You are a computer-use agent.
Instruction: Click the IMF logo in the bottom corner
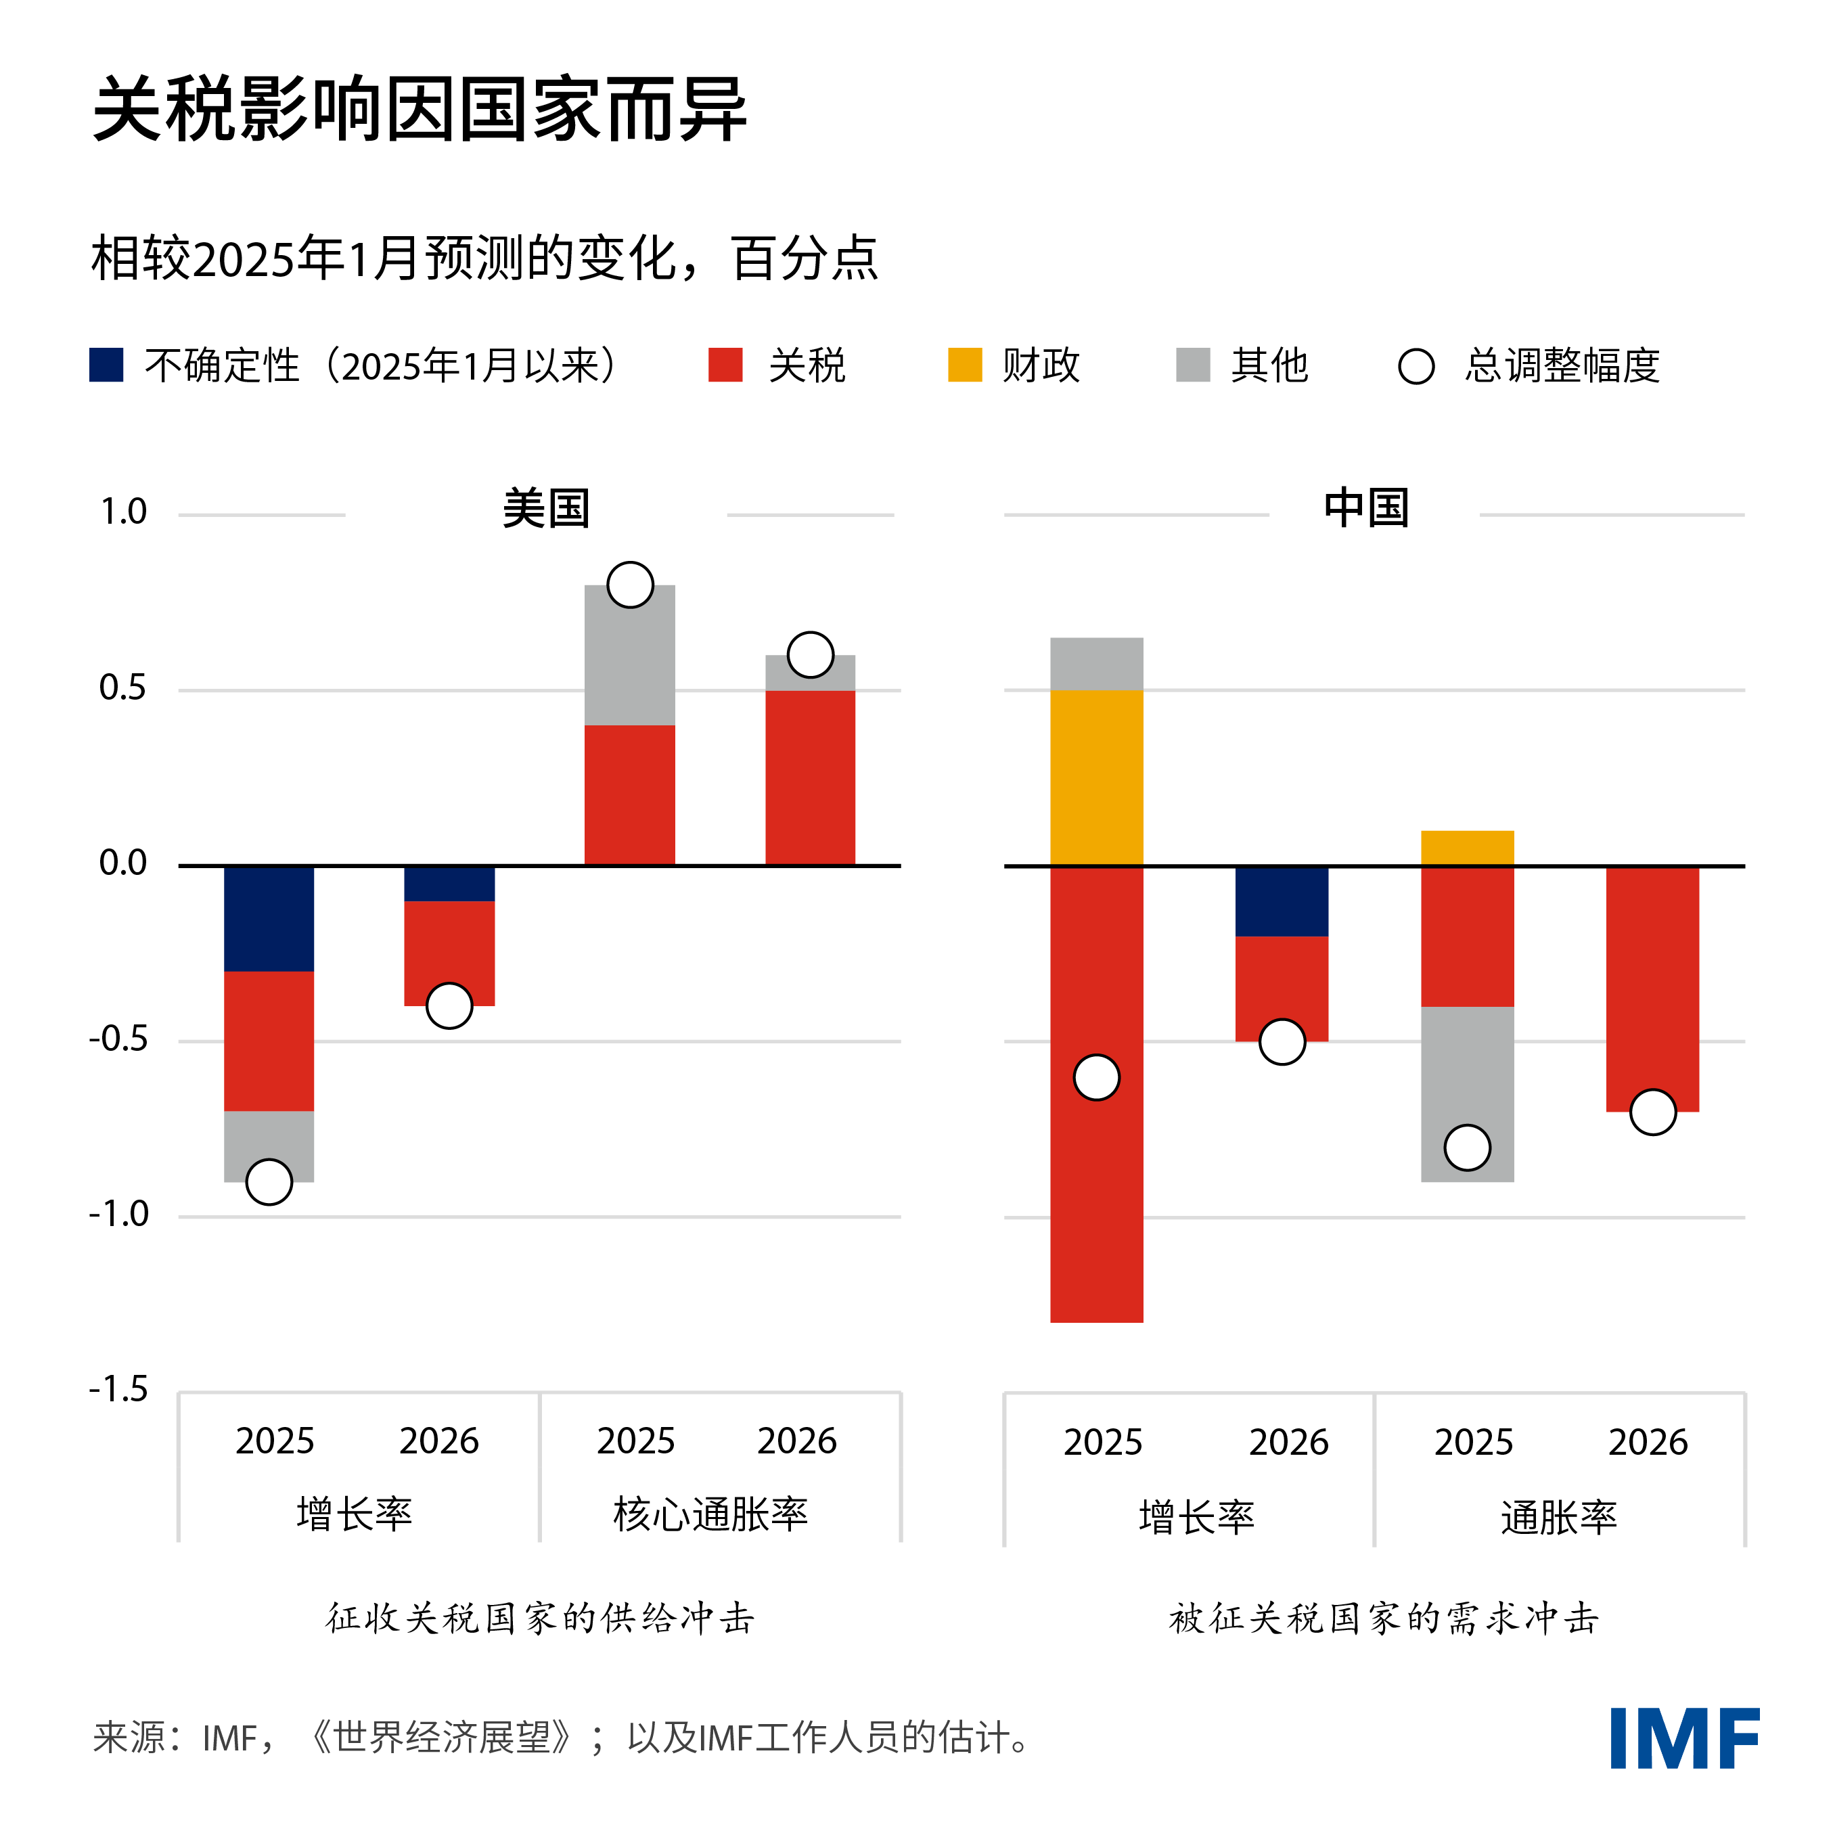pyautogui.click(x=1684, y=1738)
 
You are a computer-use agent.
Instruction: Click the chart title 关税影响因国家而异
pyautogui.click(x=420, y=110)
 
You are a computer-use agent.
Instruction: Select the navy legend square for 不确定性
pyautogui.click(x=106, y=365)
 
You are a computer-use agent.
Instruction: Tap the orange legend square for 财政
pyautogui.click(x=965, y=365)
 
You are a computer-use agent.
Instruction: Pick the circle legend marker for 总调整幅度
pyautogui.click(x=1416, y=366)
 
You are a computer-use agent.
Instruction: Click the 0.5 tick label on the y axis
pyautogui.click(x=122, y=688)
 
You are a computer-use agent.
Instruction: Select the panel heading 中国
pyautogui.click(x=1366, y=509)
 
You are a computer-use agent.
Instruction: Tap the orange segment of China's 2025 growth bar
pyautogui.click(x=1096, y=778)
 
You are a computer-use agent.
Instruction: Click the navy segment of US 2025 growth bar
pyautogui.click(x=269, y=918)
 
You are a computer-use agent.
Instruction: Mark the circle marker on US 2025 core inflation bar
pyautogui.click(x=630, y=585)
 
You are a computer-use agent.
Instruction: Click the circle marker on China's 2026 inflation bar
pyautogui.click(x=1653, y=1112)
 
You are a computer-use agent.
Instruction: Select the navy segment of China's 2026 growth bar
pyautogui.click(x=1281, y=901)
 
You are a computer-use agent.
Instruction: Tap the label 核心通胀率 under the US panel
pyautogui.click(x=710, y=1514)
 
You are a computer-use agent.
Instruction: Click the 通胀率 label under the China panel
pyautogui.click(x=1559, y=1518)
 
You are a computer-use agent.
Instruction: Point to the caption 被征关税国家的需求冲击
pyautogui.click(x=1384, y=1619)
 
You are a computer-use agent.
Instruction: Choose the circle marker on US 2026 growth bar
pyautogui.click(x=449, y=1005)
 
